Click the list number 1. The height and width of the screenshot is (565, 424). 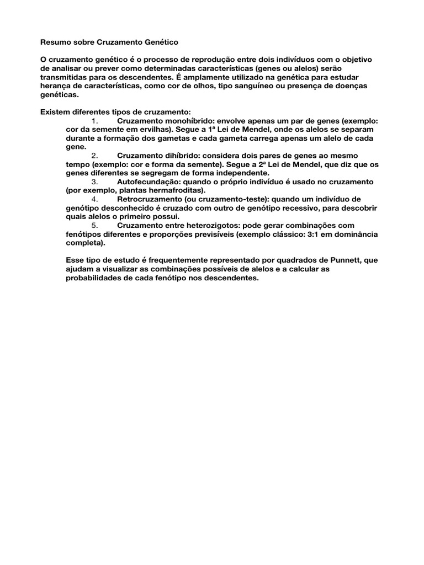point(94,121)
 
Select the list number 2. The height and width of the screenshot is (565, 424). point(94,156)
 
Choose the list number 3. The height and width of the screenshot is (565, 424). point(94,182)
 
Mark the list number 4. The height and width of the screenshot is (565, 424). point(94,199)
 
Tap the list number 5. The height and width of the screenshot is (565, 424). point(94,225)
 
